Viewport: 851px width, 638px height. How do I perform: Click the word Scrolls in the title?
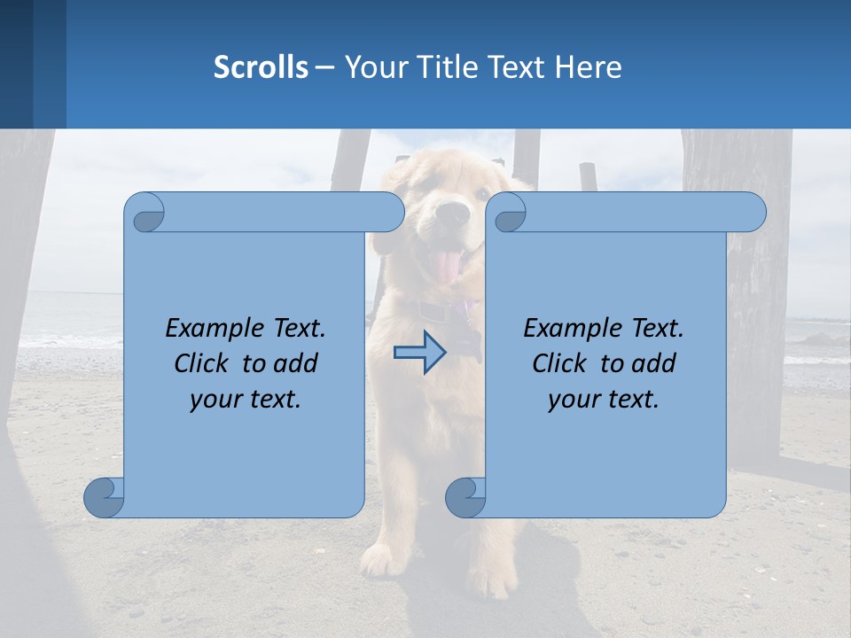point(261,67)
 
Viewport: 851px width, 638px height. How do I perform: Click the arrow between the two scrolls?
point(420,352)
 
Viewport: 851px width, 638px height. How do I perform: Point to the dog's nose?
point(454,214)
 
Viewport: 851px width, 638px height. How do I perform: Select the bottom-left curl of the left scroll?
point(103,497)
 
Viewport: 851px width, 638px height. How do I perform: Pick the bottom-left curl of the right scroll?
point(465,497)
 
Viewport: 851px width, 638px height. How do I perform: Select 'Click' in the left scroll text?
point(204,363)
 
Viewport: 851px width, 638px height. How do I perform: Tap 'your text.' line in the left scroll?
point(246,399)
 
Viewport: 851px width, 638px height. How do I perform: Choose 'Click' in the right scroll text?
point(562,363)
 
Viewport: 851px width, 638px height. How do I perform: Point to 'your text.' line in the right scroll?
point(604,399)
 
